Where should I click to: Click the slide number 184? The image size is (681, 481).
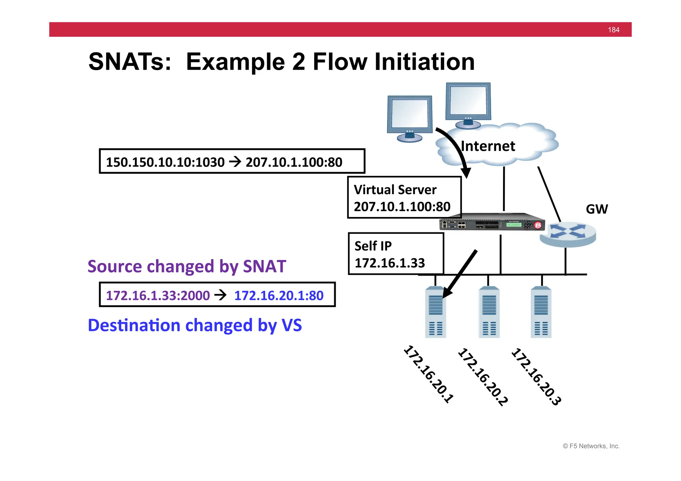[613, 30]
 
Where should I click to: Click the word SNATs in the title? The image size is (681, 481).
[130, 62]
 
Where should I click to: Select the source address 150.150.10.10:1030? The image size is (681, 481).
[165, 162]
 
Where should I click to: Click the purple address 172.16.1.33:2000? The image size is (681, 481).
[158, 296]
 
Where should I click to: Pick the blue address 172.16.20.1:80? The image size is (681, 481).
[279, 296]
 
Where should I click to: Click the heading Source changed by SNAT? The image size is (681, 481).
[187, 266]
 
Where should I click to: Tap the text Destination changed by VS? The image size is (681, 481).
[195, 325]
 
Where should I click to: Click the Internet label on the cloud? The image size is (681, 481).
[488, 146]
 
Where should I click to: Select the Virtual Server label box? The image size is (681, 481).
[404, 198]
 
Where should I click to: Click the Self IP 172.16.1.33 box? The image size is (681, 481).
[396, 254]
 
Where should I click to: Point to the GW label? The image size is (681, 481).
[597, 209]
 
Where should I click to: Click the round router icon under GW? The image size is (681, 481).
[568, 234]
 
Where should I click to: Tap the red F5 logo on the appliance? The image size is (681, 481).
[538, 225]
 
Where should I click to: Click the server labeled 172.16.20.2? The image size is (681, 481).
[489, 312]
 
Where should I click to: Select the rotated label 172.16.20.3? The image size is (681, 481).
[536, 376]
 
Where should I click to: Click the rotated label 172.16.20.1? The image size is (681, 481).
[429, 374]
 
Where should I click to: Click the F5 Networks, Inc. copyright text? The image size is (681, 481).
[591, 446]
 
